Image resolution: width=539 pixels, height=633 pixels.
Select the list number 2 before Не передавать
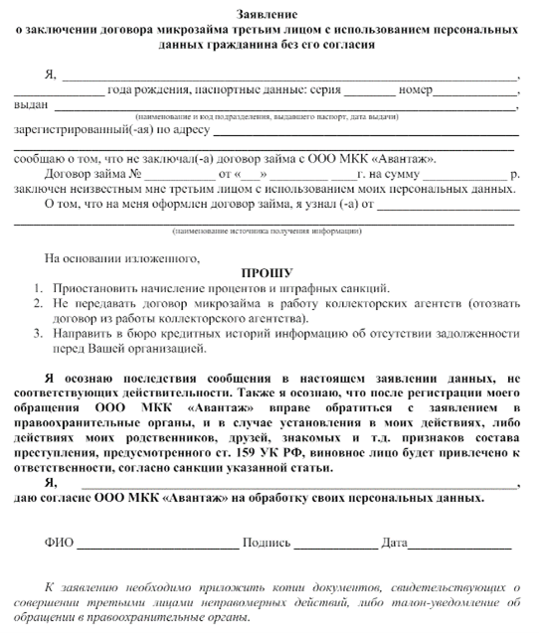(x=37, y=303)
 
